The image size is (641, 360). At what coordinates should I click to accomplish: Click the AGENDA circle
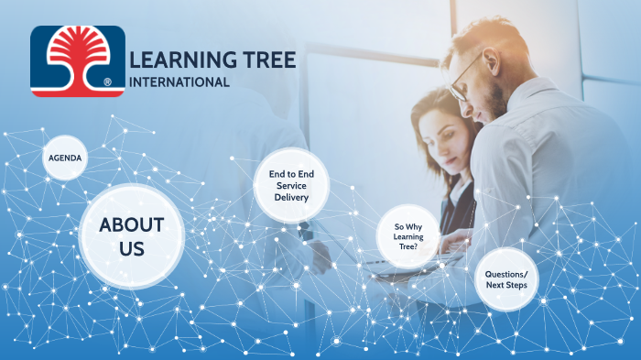[65, 158]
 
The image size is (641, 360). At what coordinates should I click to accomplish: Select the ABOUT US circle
[132, 236]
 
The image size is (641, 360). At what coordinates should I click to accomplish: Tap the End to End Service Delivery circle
[291, 185]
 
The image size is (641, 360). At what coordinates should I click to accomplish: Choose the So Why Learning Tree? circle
[408, 237]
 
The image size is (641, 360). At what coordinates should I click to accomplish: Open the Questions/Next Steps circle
[506, 278]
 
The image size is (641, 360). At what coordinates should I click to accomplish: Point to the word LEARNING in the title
[173, 60]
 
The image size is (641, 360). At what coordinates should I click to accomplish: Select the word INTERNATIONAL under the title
[180, 82]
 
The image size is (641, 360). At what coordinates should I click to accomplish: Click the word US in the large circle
[132, 248]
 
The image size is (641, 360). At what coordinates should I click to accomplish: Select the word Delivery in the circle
[291, 197]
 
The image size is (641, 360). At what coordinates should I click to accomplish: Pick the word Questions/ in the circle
[506, 273]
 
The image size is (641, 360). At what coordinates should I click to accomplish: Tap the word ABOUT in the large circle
[132, 224]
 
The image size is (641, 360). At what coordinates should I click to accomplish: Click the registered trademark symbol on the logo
[108, 82]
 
